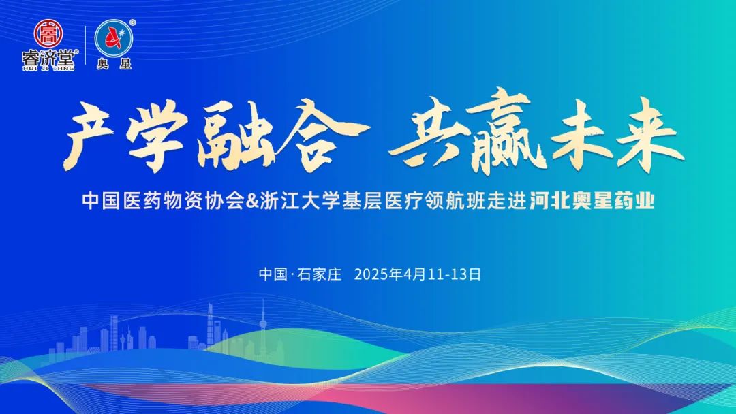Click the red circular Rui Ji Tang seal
[48, 33]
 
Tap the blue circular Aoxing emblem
[114, 38]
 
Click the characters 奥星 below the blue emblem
[114, 64]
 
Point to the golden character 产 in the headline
[89, 137]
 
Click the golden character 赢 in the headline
[502, 133]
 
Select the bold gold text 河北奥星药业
[592, 202]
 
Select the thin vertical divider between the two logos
[85, 45]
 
